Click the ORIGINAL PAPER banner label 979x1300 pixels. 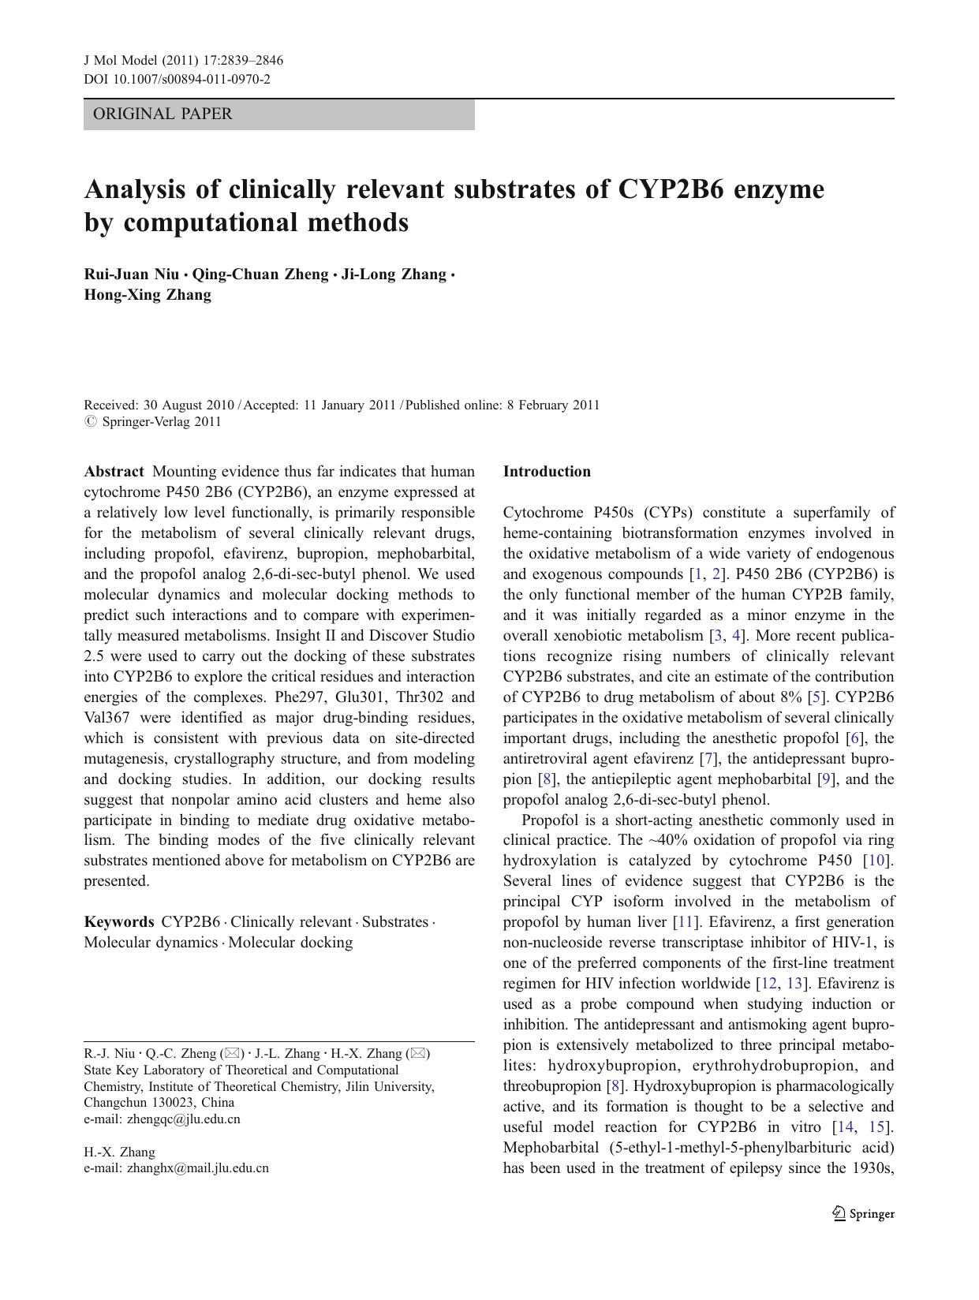(x=163, y=114)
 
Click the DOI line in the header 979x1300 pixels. (x=177, y=79)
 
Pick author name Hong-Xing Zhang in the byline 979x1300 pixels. (x=148, y=295)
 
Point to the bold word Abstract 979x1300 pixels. (x=114, y=472)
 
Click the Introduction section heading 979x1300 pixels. (x=547, y=472)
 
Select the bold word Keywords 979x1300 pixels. (x=119, y=921)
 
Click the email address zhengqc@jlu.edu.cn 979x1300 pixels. (x=184, y=1119)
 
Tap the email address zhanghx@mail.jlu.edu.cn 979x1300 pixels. (x=197, y=1168)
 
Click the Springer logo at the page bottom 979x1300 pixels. (x=863, y=1214)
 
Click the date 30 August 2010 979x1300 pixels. (x=189, y=405)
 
